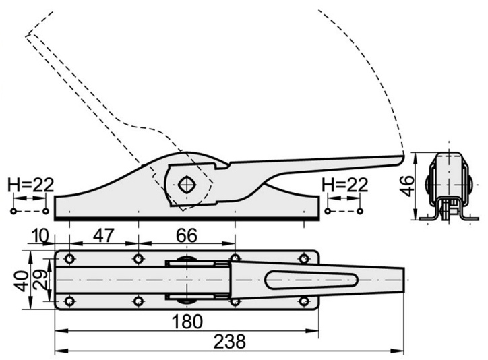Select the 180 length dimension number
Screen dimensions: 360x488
pyautogui.click(x=187, y=322)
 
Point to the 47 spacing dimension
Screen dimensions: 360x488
pyautogui.click(x=103, y=237)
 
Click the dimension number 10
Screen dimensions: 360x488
pyautogui.click(x=40, y=237)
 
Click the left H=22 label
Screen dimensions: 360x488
pyautogui.click(x=30, y=185)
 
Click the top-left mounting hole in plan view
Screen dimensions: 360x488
pyautogui.click(x=69, y=259)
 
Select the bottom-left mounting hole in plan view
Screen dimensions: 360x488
pyautogui.click(x=69, y=300)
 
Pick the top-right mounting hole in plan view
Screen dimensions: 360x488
pyautogui.click(x=305, y=258)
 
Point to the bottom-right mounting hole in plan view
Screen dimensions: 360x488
pyautogui.click(x=305, y=301)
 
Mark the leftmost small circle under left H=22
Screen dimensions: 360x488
pyautogui.click(x=13, y=211)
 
